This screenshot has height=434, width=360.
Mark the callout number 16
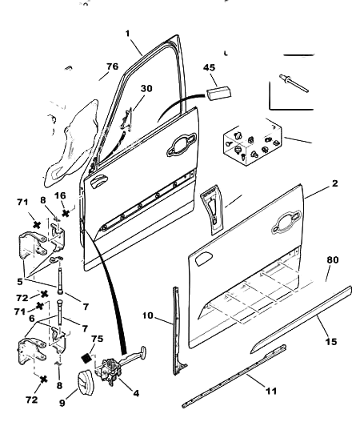[59, 196]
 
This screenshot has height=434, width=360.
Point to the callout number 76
[112, 66]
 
